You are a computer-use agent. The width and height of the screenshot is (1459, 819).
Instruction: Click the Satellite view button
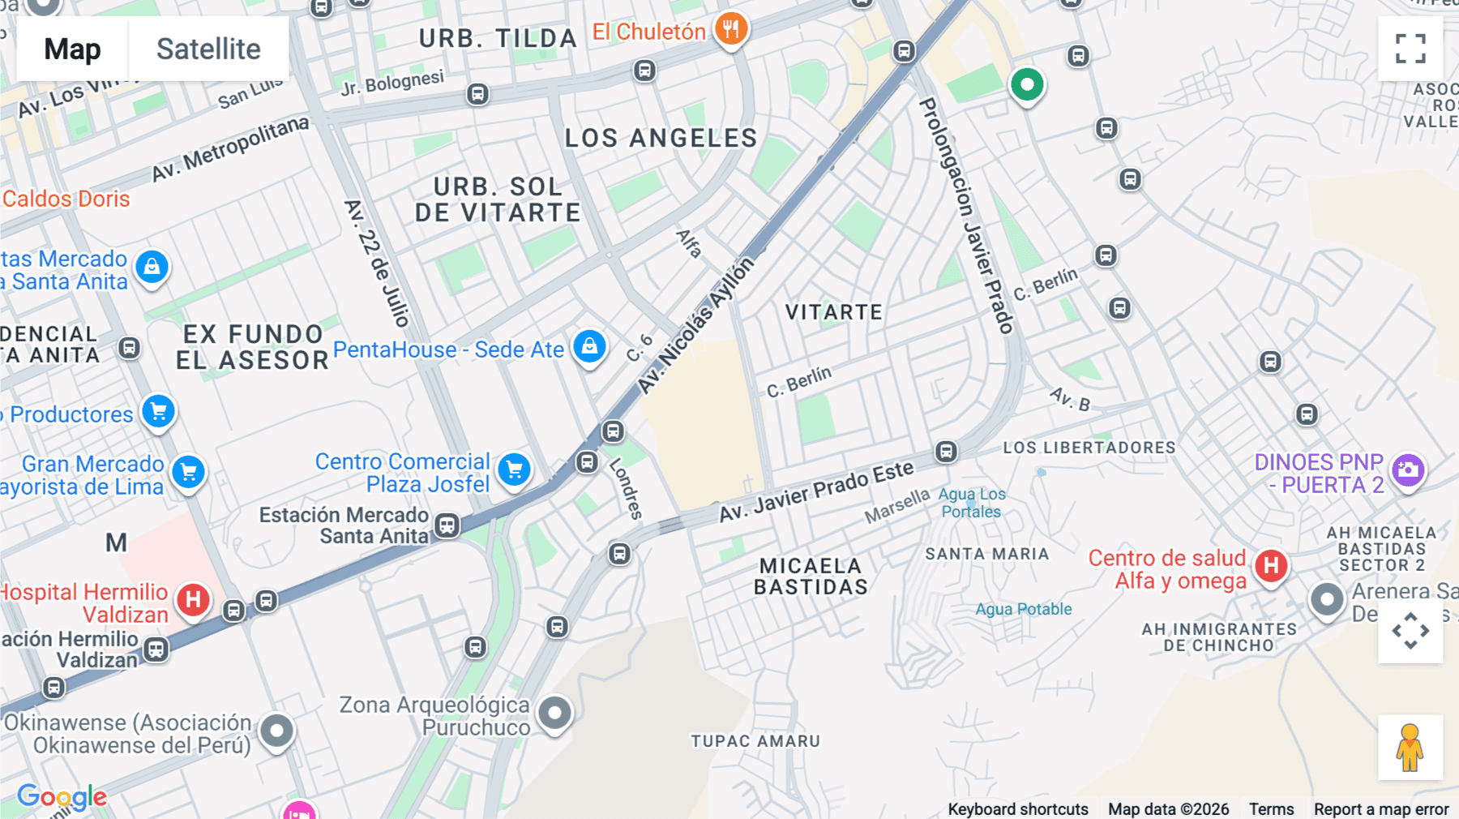[208, 49]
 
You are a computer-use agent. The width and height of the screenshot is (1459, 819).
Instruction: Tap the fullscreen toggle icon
[1410, 49]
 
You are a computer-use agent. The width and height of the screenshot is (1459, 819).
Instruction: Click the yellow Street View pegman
[1410, 748]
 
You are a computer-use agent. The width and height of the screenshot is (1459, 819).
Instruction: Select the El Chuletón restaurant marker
[731, 30]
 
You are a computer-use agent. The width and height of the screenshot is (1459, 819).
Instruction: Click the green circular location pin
[1027, 84]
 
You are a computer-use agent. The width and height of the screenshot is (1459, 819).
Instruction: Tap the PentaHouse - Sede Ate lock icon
[589, 346]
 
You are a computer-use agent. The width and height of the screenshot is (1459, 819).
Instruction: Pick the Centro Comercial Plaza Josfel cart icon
[514, 469]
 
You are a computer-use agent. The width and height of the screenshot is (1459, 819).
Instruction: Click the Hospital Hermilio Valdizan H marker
[193, 601]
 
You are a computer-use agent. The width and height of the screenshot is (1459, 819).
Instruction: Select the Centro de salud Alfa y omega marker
[1271, 566]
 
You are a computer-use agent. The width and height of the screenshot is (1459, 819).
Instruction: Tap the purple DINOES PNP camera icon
[1408, 470]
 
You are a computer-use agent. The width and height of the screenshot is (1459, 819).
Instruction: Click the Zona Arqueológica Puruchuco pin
[555, 714]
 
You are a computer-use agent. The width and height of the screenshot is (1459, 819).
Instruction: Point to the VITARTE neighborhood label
[833, 312]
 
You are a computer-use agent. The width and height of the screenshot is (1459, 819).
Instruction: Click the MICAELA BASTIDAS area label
[811, 577]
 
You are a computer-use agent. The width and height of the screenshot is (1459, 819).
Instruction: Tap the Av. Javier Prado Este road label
[816, 491]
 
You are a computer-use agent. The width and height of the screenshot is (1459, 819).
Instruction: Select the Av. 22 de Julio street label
[377, 263]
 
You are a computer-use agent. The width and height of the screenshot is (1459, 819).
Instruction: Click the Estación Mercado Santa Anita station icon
[447, 525]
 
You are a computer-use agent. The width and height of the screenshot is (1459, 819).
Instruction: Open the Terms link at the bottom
[1271, 808]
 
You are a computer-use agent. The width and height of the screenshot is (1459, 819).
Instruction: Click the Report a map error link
[1380, 808]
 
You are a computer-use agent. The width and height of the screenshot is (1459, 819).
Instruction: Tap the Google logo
[62, 797]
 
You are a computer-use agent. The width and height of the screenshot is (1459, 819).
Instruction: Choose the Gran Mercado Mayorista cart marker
[189, 472]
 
